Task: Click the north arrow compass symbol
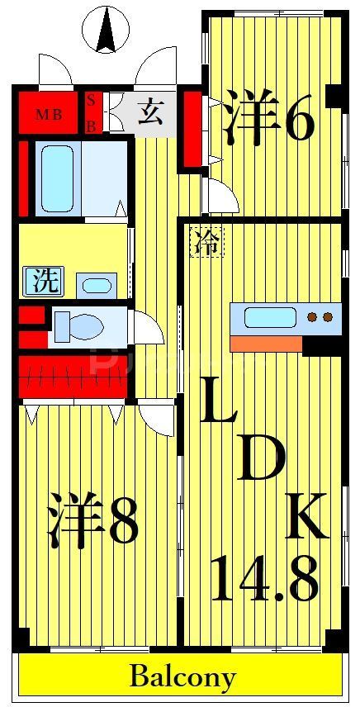106,30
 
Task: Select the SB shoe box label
91,112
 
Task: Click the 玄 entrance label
149,111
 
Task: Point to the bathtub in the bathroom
57,178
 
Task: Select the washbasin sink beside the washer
97,286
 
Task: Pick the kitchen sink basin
269,317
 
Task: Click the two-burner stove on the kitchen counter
320,317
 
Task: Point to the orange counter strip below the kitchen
266,343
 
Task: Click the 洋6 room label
269,122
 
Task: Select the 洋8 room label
92,520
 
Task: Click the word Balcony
182,678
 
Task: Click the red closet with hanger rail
73,373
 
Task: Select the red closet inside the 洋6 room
192,129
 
